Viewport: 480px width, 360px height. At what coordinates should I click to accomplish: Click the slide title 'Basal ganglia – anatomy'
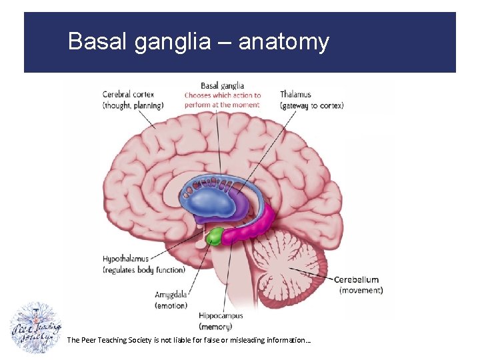[x=199, y=42]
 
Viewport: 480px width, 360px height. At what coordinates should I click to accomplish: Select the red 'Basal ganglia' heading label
[x=223, y=85]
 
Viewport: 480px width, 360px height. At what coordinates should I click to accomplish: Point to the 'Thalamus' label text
[x=295, y=95]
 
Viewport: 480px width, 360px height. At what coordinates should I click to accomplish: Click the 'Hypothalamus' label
[x=126, y=259]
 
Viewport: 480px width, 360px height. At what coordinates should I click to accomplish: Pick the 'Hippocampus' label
[x=221, y=315]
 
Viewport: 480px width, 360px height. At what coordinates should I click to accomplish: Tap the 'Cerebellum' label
[x=356, y=280]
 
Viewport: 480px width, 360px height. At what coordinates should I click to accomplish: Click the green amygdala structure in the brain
[x=214, y=236]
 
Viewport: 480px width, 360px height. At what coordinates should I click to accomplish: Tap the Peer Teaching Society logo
[x=36, y=328]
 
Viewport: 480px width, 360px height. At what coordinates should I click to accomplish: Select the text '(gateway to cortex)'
[x=311, y=105]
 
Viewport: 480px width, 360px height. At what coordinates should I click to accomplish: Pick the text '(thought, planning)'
[x=133, y=105]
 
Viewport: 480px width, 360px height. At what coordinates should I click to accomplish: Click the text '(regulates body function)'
[x=143, y=270]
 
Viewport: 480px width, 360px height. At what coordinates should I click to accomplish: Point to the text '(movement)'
[x=361, y=290]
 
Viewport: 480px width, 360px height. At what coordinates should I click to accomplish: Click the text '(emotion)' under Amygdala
[x=171, y=305]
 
